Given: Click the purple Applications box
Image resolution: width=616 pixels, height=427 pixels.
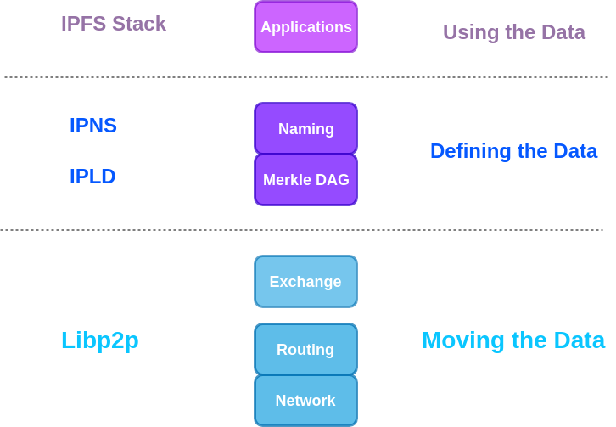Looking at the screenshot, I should point(305,27).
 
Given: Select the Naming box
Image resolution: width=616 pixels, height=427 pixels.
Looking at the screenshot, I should point(305,129).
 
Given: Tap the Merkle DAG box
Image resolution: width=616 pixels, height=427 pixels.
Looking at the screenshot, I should point(305,180).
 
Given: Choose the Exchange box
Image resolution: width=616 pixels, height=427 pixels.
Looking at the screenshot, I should point(305,282).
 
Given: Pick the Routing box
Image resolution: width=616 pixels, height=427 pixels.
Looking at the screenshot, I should point(305,350).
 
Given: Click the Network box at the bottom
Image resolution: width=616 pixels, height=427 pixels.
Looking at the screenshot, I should point(305,401).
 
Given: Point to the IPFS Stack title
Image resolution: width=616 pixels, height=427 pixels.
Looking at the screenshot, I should point(114,24).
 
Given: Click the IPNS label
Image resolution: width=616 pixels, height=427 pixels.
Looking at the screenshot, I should point(93,126).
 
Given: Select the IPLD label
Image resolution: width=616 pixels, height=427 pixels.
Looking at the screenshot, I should point(92,177).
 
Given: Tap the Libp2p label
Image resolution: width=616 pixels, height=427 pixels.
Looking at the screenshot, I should point(100,340).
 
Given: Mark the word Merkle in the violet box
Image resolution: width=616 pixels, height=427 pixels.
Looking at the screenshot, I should point(287,180).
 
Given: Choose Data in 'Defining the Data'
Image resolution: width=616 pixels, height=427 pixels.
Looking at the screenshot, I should point(575,151).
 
